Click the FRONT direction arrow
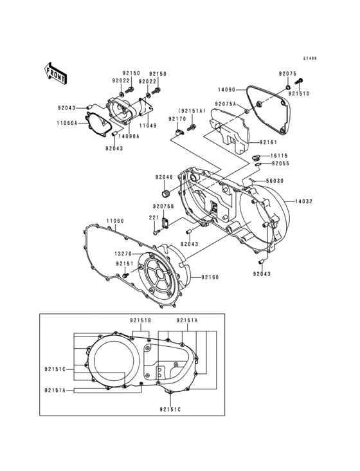pos(57,73)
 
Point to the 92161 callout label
pos(269,141)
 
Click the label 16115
pos(279,156)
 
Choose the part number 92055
pos(279,163)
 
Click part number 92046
pos(163,177)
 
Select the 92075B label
pos(163,206)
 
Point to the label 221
pos(154,217)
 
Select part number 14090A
pos(129,136)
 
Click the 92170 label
pos(177,119)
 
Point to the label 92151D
pos(299,94)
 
